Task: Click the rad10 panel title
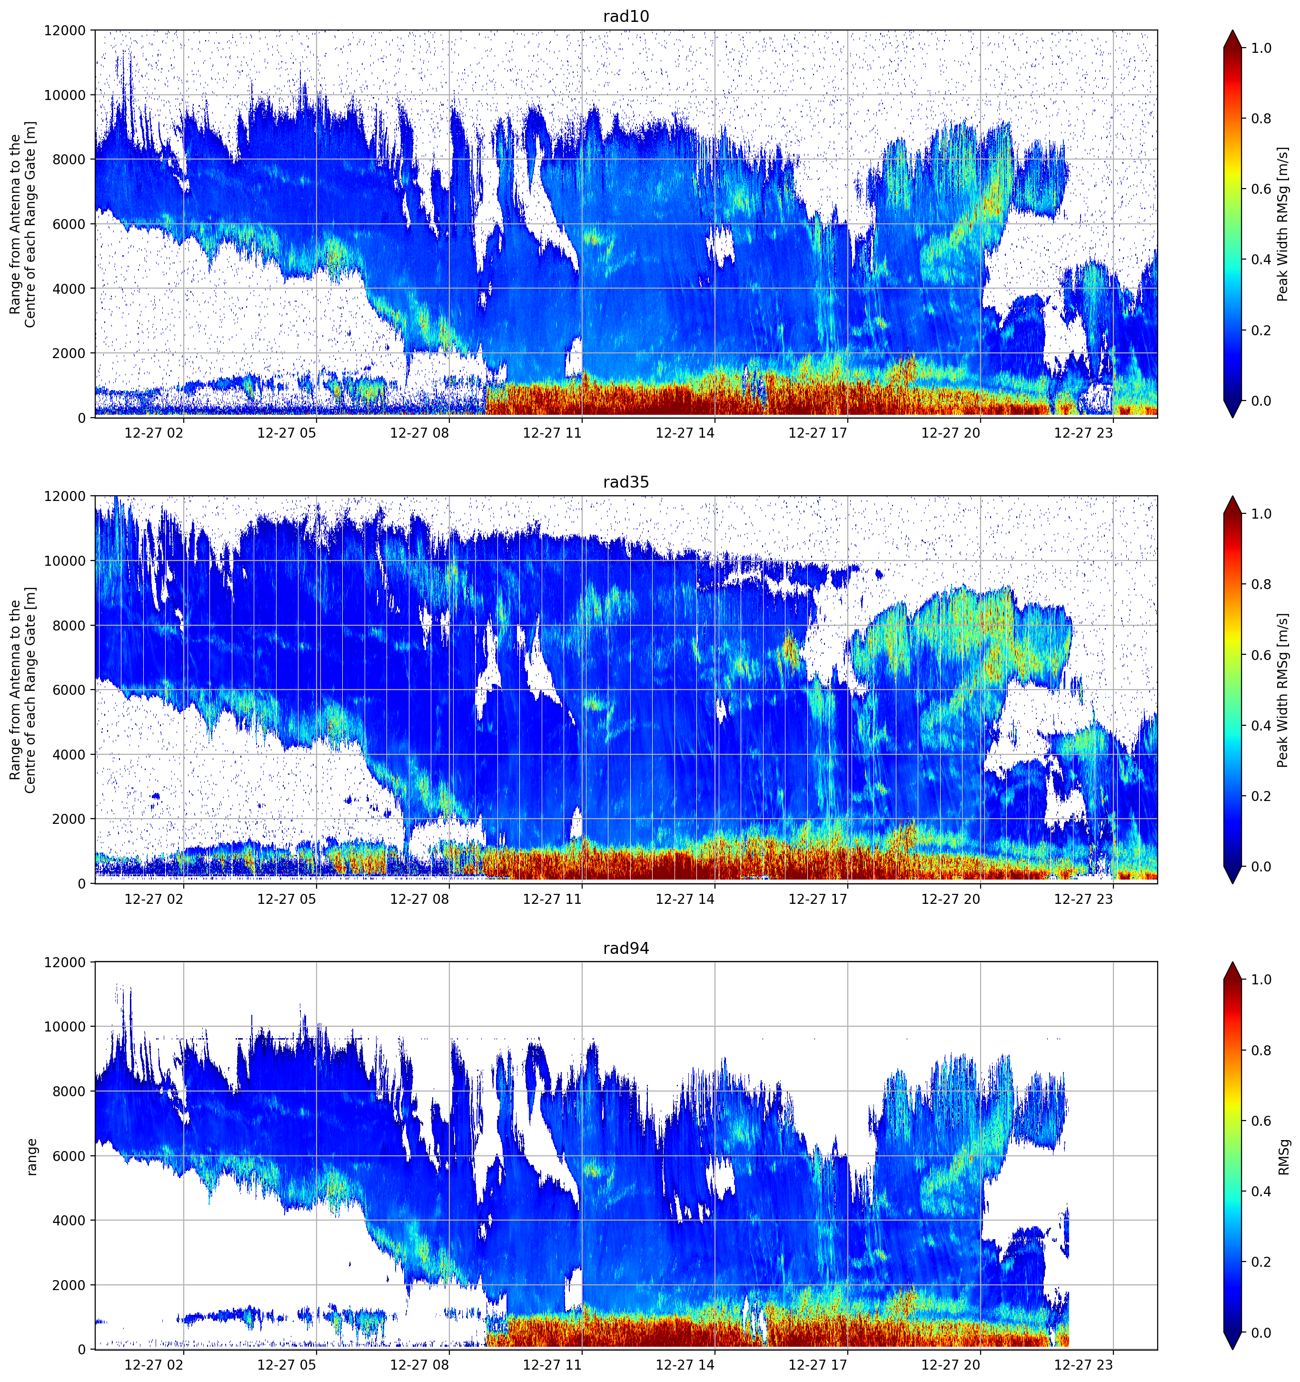click(625, 16)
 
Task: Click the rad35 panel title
click(625, 482)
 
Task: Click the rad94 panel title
click(625, 948)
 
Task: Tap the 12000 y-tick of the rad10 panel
click(65, 30)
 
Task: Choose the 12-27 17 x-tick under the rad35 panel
click(817, 899)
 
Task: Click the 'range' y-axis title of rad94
click(32, 1156)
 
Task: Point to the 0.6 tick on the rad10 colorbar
click(1261, 189)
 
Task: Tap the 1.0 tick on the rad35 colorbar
click(1261, 514)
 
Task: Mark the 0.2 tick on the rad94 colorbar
click(1261, 1262)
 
